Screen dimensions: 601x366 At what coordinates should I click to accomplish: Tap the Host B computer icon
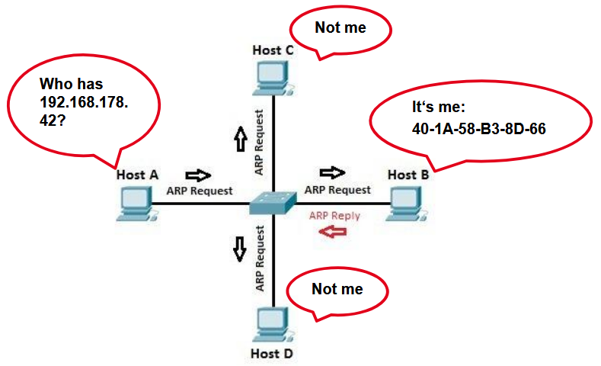[406, 204]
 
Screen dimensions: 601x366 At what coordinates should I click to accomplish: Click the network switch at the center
[273, 203]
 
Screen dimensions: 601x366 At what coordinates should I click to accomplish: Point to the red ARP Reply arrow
[333, 231]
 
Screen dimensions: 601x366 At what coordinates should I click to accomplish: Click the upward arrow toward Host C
[240, 139]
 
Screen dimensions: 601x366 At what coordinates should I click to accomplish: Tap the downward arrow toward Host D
[240, 249]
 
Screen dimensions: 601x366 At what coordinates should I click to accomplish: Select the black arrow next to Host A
[198, 175]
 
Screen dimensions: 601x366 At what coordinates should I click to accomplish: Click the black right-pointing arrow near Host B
[332, 172]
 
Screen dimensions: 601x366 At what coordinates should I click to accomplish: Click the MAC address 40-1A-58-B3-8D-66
[478, 129]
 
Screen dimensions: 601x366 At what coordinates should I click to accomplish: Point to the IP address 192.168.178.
[84, 102]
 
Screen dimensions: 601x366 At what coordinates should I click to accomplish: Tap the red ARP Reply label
[334, 216]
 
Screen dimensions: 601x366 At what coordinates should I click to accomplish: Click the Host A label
[137, 175]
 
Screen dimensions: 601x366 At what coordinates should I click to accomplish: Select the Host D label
[272, 354]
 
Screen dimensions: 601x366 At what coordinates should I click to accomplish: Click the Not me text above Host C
[340, 27]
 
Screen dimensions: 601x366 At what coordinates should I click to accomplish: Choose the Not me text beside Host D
[337, 289]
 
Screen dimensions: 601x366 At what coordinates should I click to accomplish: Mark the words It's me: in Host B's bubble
[439, 107]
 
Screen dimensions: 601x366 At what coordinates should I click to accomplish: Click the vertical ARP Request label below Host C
[259, 143]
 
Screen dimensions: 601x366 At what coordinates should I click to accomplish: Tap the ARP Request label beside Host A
[200, 191]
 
